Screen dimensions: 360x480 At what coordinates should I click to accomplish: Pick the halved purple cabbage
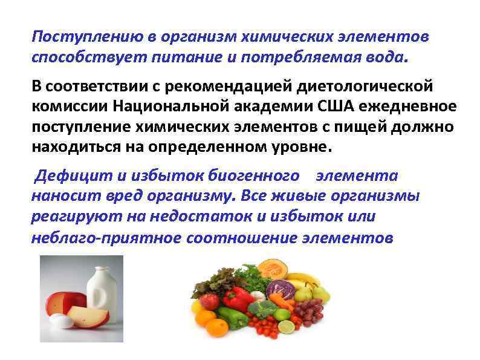click(x=282, y=290)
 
